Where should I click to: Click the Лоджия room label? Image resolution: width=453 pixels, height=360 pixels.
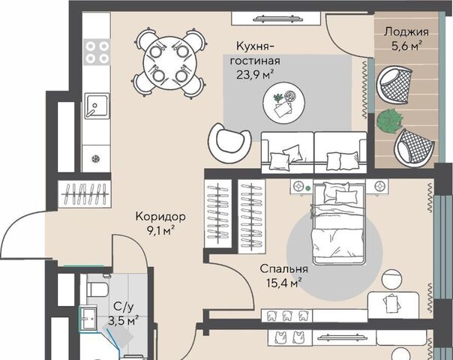click(406, 32)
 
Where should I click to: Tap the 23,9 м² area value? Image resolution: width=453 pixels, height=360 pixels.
click(255, 75)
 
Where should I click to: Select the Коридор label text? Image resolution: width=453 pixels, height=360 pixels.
click(160, 217)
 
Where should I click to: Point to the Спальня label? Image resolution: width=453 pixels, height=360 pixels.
click(283, 268)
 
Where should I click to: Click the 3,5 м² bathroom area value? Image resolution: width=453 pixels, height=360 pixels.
click(123, 320)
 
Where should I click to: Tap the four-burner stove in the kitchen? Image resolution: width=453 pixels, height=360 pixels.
click(97, 52)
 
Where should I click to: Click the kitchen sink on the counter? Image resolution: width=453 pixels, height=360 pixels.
click(97, 106)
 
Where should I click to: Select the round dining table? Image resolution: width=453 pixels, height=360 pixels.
click(169, 64)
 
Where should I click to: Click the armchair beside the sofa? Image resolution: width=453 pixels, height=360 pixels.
click(229, 142)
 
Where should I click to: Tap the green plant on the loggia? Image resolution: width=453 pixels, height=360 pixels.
click(389, 121)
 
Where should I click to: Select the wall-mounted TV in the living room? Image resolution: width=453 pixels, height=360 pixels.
click(277, 19)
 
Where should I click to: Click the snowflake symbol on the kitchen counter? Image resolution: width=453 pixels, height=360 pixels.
click(95, 158)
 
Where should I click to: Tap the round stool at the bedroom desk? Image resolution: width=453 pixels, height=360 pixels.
click(391, 279)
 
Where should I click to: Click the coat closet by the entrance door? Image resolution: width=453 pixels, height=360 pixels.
click(84, 193)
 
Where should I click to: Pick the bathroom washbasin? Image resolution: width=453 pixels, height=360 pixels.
click(88, 319)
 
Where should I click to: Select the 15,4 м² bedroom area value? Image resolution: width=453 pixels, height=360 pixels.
click(284, 283)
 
